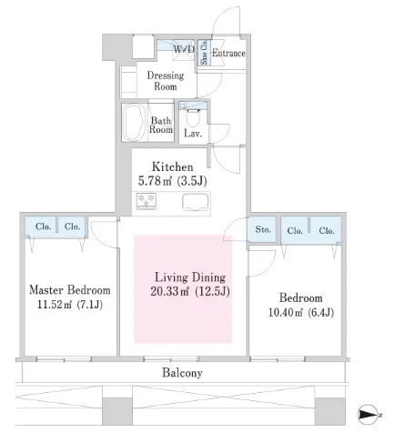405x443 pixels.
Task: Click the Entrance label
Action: (228, 53)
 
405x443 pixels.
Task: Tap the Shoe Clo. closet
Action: (204, 53)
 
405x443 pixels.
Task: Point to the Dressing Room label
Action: (166, 81)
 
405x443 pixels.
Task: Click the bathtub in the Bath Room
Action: (135, 123)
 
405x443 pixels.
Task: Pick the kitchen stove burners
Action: (147, 201)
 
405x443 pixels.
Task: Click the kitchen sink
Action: (195, 202)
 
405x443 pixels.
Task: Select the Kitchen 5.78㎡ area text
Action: (173, 174)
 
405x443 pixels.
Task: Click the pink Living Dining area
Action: (183, 288)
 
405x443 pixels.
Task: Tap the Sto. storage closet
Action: (262, 229)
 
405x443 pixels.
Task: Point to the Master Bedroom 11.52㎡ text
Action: (70, 297)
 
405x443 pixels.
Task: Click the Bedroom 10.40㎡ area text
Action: (301, 305)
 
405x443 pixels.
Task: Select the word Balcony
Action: (182, 373)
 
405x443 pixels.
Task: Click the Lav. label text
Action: (193, 133)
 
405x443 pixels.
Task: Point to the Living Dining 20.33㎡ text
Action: (190, 284)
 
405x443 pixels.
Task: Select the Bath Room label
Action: (161, 125)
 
